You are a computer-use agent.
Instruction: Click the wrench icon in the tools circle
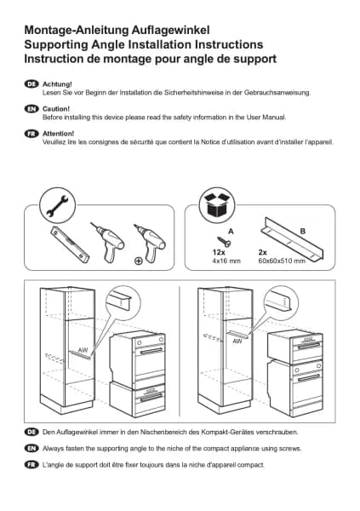click(57, 206)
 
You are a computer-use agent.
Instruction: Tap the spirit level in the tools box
click(70, 244)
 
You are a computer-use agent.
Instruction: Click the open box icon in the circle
click(217, 205)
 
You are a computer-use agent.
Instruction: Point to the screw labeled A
click(224, 242)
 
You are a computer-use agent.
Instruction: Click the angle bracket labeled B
click(293, 239)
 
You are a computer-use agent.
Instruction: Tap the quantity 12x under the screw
click(219, 253)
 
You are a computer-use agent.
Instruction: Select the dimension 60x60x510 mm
click(282, 261)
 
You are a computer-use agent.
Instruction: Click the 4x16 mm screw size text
click(226, 261)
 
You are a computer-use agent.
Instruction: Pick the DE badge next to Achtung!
click(31, 84)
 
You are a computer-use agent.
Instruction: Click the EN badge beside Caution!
click(31, 109)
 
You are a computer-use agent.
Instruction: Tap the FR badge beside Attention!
click(31, 134)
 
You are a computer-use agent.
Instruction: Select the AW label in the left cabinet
click(83, 350)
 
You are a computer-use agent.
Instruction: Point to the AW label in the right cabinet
click(237, 342)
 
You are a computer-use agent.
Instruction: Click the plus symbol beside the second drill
click(139, 261)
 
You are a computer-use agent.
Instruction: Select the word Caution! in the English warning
click(56, 109)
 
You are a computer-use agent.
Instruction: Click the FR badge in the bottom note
click(31, 464)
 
